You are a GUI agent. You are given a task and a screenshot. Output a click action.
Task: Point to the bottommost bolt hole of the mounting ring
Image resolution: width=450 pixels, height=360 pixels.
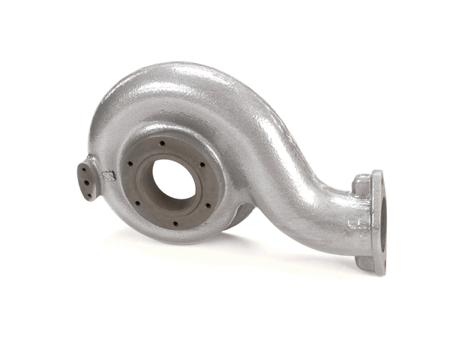[175, 223]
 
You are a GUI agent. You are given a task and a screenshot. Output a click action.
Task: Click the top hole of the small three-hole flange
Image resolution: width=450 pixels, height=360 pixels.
[85, 169]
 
